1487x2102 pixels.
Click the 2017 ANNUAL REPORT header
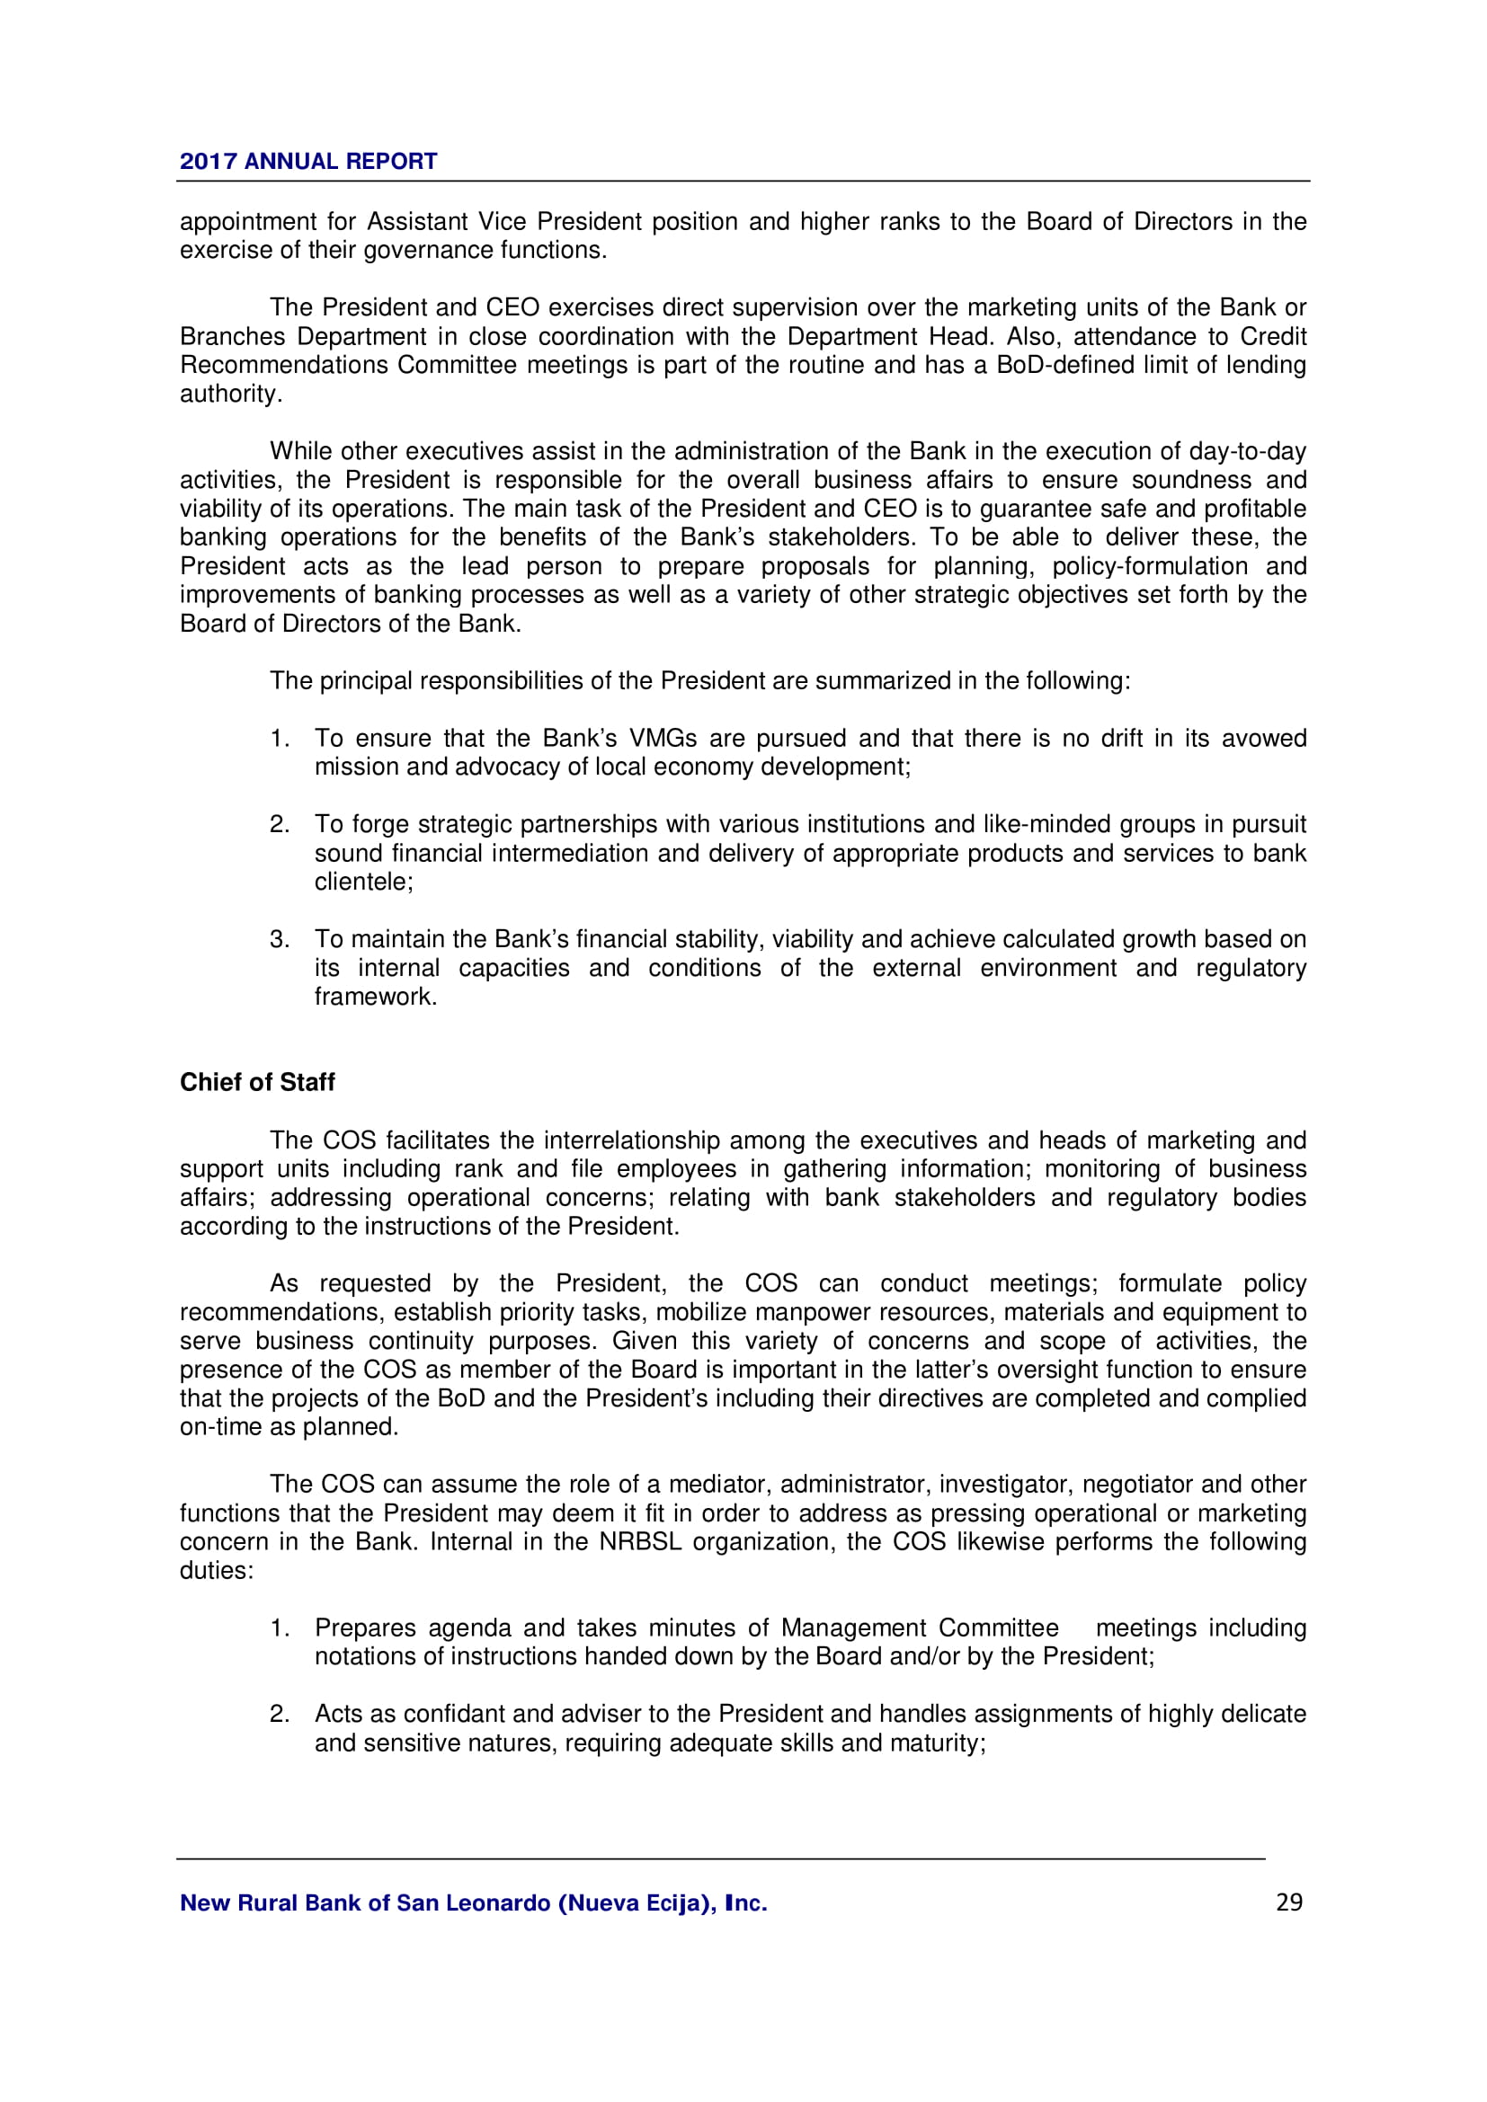click(x=307, y=161)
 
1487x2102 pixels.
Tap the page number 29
click(x=1288, y=1902)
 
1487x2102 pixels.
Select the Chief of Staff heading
click(x=257, y=1082)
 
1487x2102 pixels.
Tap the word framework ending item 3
click(x=376, y=996)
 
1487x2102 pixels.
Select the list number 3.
click(x=280, y=938)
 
